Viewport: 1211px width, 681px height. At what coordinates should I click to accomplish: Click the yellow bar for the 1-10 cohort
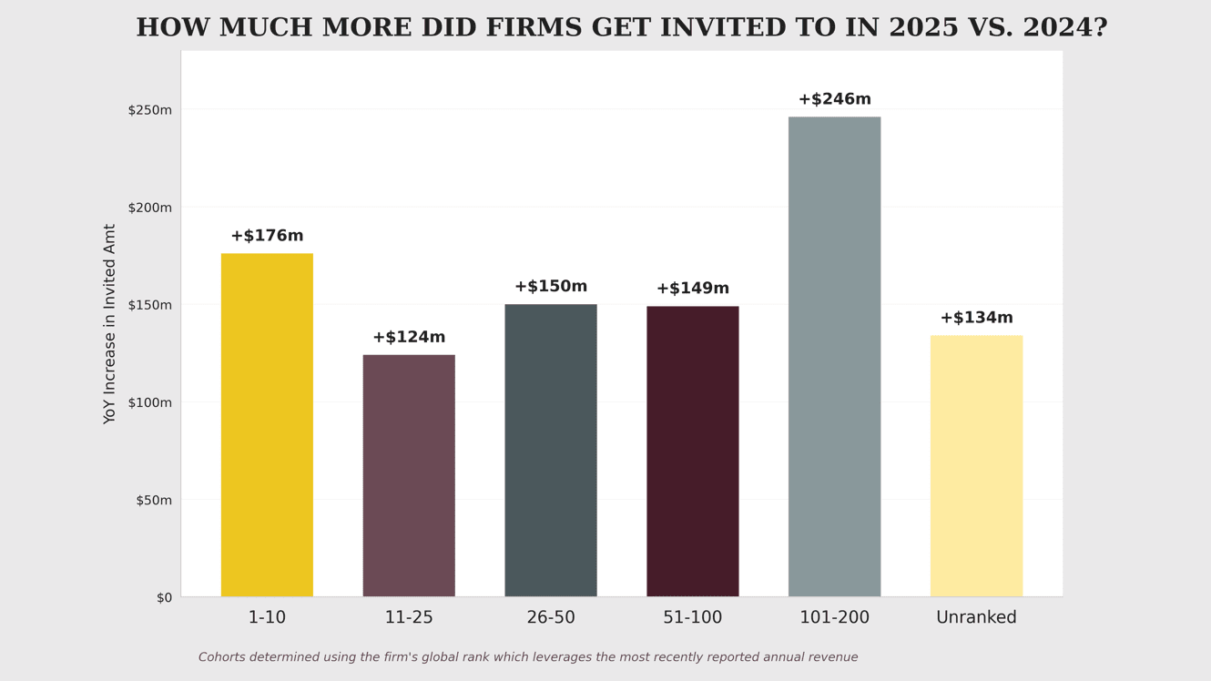click(267, 425)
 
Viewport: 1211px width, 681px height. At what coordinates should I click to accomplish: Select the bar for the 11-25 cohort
click(409, 476)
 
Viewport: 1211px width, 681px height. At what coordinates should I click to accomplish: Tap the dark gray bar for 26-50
click(551, 451)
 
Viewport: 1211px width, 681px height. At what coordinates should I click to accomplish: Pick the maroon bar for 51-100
click(693, 452)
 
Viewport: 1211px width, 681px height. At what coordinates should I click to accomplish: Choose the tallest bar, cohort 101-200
click(834, 357)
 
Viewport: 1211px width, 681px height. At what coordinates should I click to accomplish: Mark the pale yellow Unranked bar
click(976, 466)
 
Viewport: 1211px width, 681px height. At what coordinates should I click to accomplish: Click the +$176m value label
click(267, 236)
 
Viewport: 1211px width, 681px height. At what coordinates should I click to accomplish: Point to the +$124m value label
click(409, 338)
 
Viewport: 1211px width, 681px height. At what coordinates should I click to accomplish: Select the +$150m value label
click(551, 287)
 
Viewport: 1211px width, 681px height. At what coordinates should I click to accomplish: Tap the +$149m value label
click(693, 289)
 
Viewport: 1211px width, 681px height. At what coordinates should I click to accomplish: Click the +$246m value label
click(834, 99)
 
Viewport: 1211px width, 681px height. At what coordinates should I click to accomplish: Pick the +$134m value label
click(976, 318)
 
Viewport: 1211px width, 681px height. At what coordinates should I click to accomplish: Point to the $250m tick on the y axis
click(149, 110)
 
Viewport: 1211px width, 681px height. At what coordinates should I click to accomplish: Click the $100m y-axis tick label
click(149, 402)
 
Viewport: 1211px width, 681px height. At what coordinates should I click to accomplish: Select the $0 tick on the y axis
click(164, 598)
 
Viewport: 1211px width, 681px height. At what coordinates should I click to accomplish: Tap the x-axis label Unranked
click(976, 618)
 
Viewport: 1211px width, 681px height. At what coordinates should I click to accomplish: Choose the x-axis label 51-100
click(693, 618)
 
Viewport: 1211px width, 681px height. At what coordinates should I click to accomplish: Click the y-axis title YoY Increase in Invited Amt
click(110, 324)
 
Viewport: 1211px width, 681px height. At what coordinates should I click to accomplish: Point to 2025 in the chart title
click(923, 28)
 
